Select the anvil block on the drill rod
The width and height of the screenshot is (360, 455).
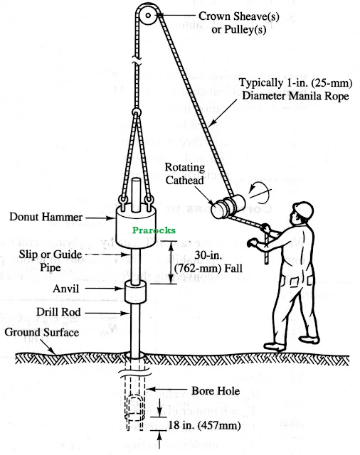136,291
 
